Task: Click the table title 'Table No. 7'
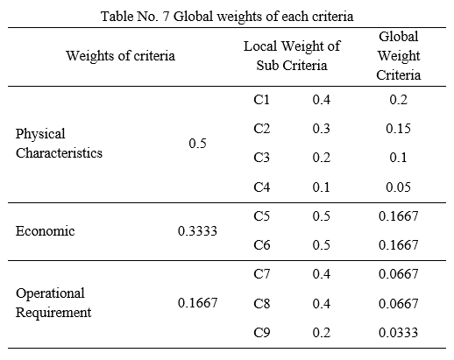pos(135,16)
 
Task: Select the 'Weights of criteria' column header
pos(120,55)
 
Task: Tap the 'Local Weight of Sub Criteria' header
pos(292,55)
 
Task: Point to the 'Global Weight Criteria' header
pos(399,55)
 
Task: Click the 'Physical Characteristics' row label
pos(59,143)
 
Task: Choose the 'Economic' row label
pos(45,231)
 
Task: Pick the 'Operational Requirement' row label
pos(53,302)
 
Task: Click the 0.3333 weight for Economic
pos(197,231)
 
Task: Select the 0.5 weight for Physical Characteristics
pos(197,143)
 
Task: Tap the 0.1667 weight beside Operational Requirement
pos(197,303)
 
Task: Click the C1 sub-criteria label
pos(261,100)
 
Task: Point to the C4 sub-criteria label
pos(261,187)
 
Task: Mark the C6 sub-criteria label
pos(261,244)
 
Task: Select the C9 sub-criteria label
pos(261,332)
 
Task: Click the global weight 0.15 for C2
pos(398,129)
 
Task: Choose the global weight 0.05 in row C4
pos(398,187)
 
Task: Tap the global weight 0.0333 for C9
pos(398,332)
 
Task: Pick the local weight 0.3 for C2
pos(321,129)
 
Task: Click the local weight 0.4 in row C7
pos(321,274)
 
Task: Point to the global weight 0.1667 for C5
pos(398,215)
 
